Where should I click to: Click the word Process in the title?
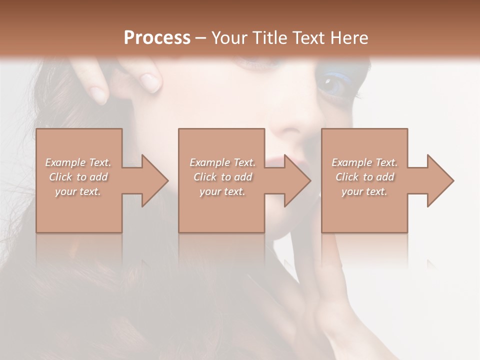pyautogui.click(x=157, y=38)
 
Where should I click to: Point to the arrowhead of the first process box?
pyautogui.click(x=154, y=180)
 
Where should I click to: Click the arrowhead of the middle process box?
pyautogui.click(x=297, y=180)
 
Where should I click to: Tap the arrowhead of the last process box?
pyautogui.click(x=440, y=180)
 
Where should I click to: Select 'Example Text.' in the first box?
pyautogui.click(x=78, y=162)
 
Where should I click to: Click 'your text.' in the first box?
pyautogui.click(x=78, y=191)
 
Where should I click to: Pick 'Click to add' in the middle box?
pyautogui.click(x=222, y=177)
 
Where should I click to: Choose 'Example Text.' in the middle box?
pyautogui.click(x=222, y=162)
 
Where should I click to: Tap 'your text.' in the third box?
pyautogui.click(x=364, y=191)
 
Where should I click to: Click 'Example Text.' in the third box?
pyautogui.click(x=364, y=162)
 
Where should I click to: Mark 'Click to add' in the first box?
pyautogui.click(x=78, y=177)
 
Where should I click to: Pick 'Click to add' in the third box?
pyautogui.click(x=364, y=177)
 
